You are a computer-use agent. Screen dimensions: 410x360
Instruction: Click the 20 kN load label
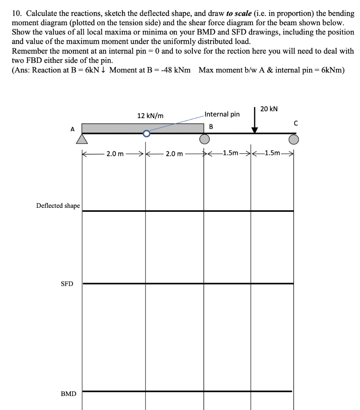(x=269, y=109)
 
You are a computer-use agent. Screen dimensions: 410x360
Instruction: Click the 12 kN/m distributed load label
(x=150, y=116)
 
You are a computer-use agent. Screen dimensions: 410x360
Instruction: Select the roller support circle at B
(x=204, y=139)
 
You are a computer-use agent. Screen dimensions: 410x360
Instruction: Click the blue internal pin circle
(x=146, y=133)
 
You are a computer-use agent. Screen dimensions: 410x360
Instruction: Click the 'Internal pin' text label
(x=222, y=114)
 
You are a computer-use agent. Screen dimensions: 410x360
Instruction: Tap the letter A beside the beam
(x=72, y=129)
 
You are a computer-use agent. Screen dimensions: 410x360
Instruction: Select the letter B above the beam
(x=212, y=127)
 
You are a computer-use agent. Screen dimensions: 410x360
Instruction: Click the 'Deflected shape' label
(x=58, y=206)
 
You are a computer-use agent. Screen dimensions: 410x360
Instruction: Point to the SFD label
(x=67, y=284)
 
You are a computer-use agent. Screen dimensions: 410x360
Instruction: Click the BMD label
(x=68, y=394)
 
